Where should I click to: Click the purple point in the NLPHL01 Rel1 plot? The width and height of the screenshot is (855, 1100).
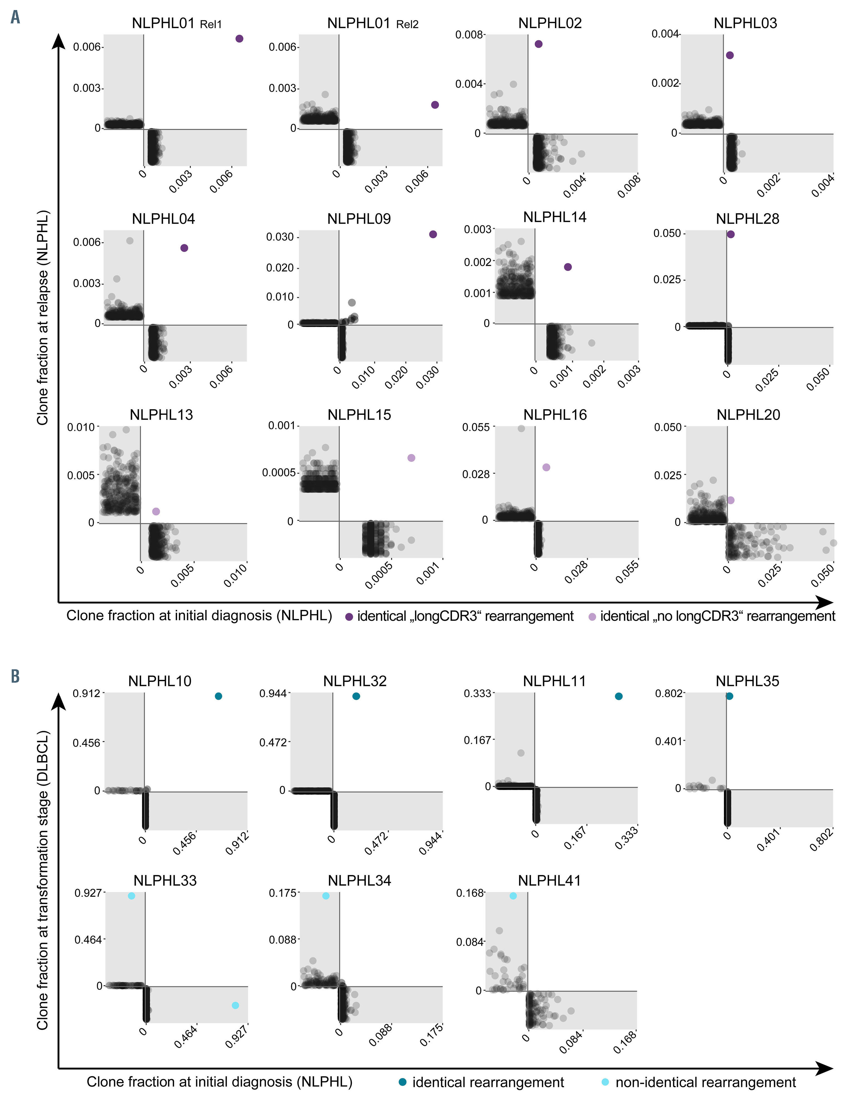pos(239,39)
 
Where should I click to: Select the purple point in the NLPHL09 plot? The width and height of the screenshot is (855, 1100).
pos(433,234)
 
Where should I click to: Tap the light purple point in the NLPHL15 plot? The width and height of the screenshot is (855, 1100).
pos(411,458)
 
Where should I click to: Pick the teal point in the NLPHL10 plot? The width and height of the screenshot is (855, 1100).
pos(218,696)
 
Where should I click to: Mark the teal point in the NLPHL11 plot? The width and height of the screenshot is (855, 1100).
pos(618,696)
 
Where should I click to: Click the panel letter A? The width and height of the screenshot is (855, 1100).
pos(15,18)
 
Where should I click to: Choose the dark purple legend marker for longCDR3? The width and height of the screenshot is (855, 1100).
pos(348,616)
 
